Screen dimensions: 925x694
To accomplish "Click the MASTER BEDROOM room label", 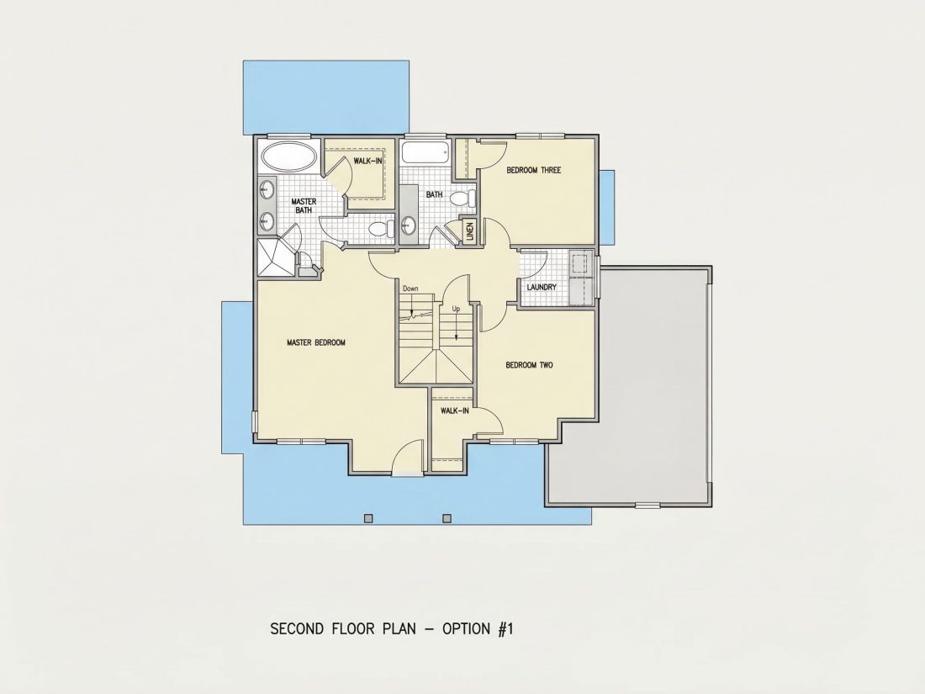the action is coord(315,342).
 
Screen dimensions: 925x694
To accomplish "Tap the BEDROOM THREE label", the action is coord(533,170).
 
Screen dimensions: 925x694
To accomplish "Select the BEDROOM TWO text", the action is coord(529,365).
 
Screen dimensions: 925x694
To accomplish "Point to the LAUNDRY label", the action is coord(542,288).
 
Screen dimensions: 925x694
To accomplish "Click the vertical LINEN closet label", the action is coord(470,230).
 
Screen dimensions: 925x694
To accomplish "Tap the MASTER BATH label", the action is coord(304,205).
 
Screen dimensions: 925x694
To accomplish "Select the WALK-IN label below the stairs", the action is coord(455,411).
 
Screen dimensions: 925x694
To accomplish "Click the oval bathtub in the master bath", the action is coord(288,157).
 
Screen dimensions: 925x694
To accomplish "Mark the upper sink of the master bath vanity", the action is coord(267,190).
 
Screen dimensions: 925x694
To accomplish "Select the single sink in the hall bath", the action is coord(408,225).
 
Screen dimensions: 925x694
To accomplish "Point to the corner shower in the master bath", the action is coord(275,256).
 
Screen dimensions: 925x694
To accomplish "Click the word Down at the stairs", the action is coord(410,289).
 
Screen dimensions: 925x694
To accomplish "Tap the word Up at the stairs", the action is coord(456,309).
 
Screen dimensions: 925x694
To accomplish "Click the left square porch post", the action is coord(368,518).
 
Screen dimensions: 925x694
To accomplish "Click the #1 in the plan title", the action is coord(505,628).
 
